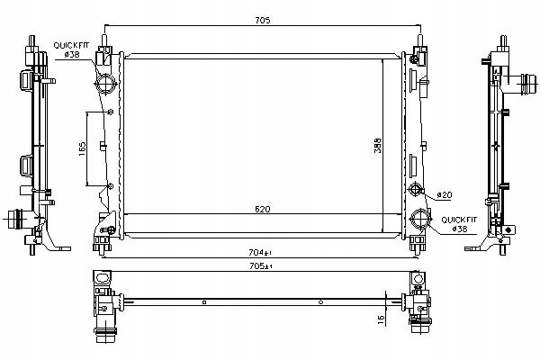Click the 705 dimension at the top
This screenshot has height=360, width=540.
pyautogui.click(x=263, y=21)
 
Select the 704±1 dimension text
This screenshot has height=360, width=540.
pyautogui.click(x=260, y=253)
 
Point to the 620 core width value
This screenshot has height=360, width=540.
pyautogui.click(x=263, y=209)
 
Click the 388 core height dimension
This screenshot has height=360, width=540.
pyautogui.click(x=378, y=146)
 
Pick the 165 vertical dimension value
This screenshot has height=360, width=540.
pyautogui.click(x=83, y=148)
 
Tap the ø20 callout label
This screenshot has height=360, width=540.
pyautogui.click(x=445, y=195)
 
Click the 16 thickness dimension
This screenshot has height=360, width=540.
pyautogui.click(x=382, y=319)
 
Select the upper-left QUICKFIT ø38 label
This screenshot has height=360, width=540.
pyautogui.click(x=71, y=49)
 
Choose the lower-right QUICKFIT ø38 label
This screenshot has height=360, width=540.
pyautogui.click(x=459, y=224)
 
